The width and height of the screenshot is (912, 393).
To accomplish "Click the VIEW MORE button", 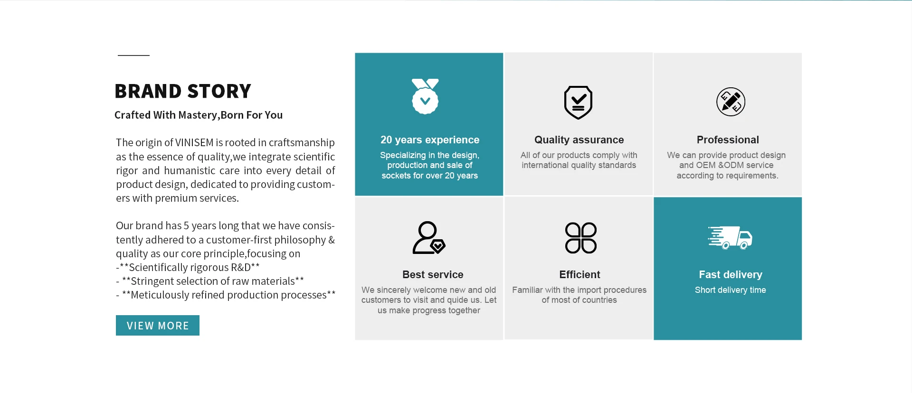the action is (158, 326).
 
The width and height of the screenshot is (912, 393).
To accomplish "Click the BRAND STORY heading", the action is (183, 91).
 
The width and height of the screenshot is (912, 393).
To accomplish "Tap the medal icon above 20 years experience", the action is (425, 96).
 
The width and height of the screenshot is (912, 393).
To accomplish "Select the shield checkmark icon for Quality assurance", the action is (578, 103).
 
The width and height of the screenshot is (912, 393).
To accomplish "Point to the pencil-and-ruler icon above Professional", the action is (731, 102).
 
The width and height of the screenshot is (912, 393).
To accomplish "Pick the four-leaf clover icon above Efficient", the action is (581, 238).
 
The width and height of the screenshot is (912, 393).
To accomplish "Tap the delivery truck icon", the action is (730, 237).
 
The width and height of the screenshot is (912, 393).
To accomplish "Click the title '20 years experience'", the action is (430, 140).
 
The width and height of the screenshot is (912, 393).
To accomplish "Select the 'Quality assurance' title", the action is (579, 140).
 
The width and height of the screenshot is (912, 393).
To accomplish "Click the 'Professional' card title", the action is (728, 140).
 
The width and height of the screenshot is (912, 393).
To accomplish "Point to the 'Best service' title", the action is (433, 275).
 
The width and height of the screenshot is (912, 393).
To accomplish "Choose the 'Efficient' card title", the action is (579, 275).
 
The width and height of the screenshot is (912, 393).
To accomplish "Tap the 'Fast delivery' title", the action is (731, 275).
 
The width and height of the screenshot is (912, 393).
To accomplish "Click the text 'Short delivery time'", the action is (731, 290).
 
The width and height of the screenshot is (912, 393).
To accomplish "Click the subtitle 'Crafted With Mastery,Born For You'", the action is (199, 115).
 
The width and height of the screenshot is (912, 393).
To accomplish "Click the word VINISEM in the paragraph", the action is (194, 143).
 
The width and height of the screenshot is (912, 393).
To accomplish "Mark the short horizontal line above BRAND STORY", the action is (133, 56).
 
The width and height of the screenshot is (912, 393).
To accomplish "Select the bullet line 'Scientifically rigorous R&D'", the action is (188, 268).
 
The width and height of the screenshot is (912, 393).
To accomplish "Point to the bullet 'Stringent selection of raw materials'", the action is (210, 281).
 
